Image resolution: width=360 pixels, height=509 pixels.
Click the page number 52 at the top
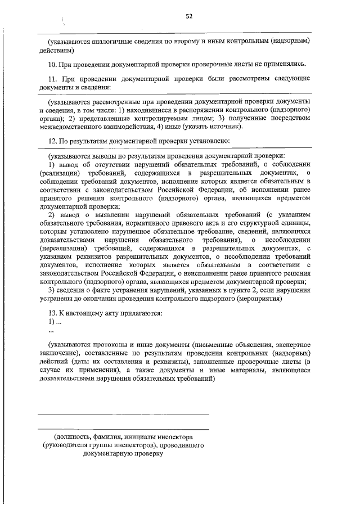(190, 17)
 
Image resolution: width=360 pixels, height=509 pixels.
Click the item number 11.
(52, 79)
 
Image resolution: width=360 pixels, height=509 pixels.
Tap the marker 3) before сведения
(52, 290)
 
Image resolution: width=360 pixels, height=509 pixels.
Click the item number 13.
(52, 313)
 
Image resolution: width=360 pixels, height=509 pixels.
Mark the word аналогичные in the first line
(112, 41)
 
